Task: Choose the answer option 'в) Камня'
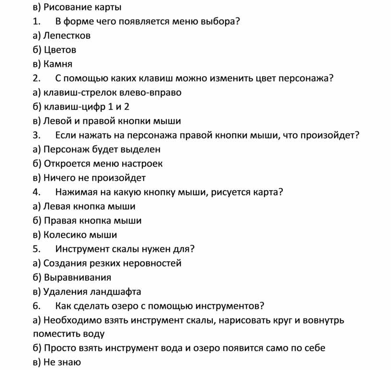pyautogui.click(x=53, y=64)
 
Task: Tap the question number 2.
pyautogui.click(x=37, y=79)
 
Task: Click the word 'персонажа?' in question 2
pyautogui.click(x=306, y=79)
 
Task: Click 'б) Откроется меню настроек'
pyautogui.click(x=98, y=164)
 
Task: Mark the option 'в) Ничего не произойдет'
pyautogui.click(x=89, y=178)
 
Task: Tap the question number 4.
pyautogui.click(x=37, y=193)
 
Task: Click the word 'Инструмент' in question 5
pyautogui.click(x=83, y=249)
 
